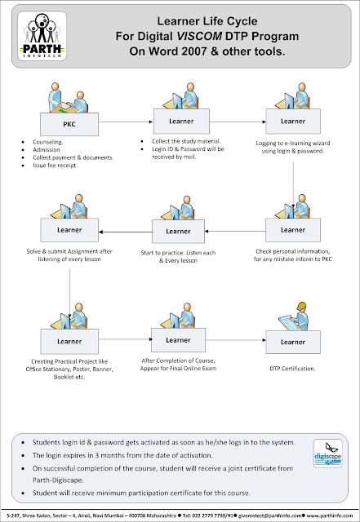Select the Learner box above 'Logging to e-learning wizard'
(x=292, y=122)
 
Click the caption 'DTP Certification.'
(x=292, y=369)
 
